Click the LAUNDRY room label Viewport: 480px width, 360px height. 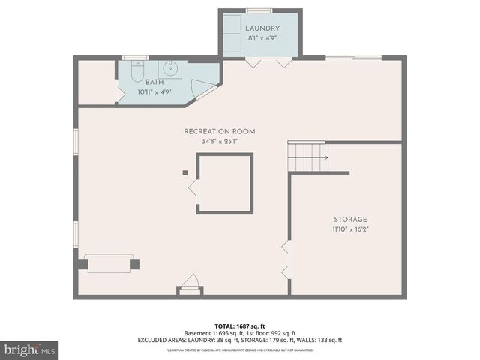point(262,28)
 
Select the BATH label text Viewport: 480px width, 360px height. point(154,82)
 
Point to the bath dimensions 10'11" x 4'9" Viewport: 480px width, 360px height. point(154,92)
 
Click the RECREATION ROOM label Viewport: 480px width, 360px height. point(219,131)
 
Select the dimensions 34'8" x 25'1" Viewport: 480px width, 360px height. point(219,142)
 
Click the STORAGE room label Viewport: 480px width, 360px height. point(350,219)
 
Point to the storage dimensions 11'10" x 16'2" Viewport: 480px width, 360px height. point(350,229)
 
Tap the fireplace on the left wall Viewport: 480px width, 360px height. point(108,263)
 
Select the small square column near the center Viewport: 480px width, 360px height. point(184,172)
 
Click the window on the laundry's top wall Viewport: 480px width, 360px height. point(258,10)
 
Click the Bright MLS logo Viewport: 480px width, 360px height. point(30,349)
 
